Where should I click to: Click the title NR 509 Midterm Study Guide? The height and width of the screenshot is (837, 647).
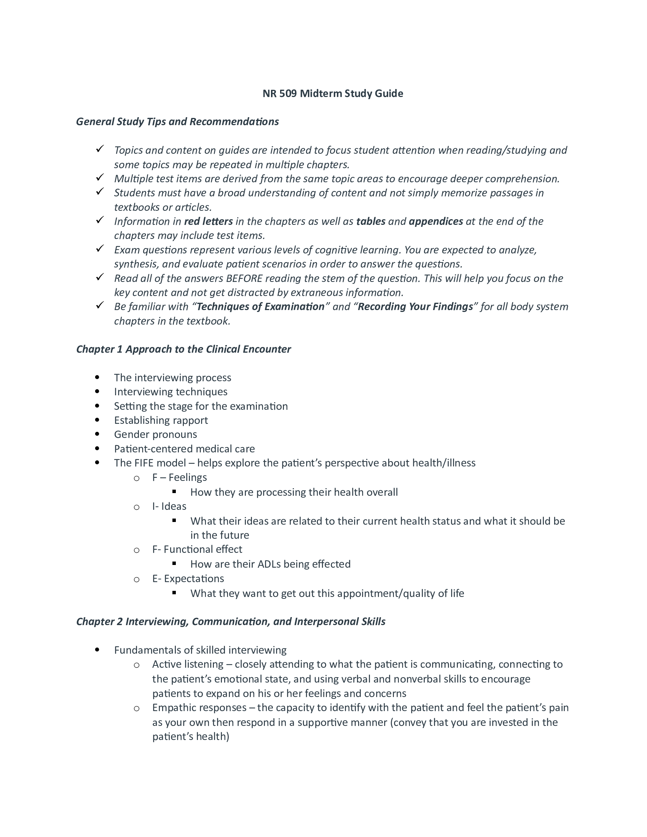click(332, 94)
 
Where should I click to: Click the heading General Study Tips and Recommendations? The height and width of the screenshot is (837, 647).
click(177, 121)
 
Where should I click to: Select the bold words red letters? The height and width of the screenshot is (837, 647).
click(208, 221)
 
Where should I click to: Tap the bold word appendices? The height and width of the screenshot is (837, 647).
click(436, 221)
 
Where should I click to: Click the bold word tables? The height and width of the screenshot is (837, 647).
click(371, 221)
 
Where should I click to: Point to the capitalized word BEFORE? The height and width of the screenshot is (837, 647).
click(244, 278)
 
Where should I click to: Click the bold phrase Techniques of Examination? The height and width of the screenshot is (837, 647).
click(260, 307)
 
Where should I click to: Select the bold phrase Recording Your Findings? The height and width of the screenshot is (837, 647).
click(415, 307)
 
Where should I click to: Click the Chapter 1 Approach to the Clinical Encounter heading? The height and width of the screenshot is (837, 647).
click(183, 349)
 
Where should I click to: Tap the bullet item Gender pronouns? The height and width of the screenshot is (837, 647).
click(155, 434)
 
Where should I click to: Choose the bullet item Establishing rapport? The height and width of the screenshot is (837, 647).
click(161, 420)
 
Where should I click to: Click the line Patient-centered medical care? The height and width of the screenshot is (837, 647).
click(184, 449)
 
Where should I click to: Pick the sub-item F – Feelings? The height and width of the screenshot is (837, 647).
click(179, 477)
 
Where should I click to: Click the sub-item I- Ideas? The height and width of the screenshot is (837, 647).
click(169, 506)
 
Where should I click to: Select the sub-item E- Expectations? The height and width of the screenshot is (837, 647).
click(188, 579)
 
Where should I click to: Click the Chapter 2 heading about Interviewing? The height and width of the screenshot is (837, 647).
click(230, 622)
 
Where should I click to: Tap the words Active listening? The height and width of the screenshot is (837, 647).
click(187, 664)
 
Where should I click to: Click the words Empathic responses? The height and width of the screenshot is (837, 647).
click(199, 708)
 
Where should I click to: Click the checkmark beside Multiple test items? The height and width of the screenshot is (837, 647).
click(100, 177)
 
